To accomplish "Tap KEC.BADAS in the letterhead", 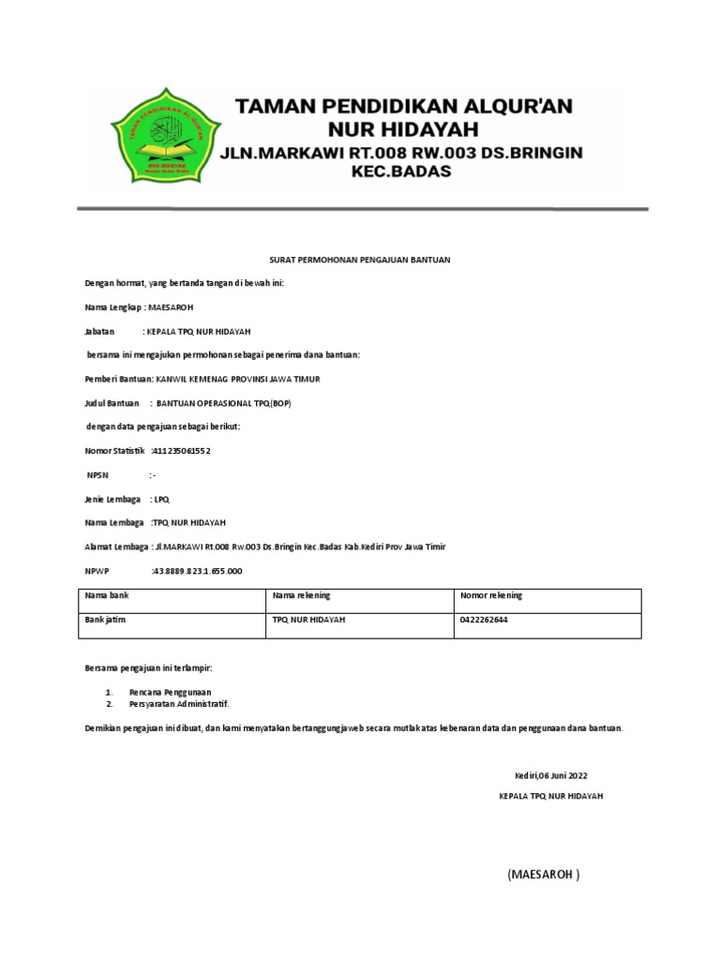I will (x=400, y=172).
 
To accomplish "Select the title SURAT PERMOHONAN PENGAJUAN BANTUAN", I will (x=360, y=259).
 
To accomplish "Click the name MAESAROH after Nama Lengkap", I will (x=172, y=307).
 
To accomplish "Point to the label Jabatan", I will (x=99, y=332).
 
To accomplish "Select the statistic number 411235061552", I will (x=183, y=451).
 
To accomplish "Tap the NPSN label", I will (x=98, y=475).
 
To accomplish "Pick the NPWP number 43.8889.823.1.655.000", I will (x=198, y=570).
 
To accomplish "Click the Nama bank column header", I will (x=106, y=596).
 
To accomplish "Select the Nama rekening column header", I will (x=301, y=596).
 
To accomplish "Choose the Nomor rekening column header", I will (x=491, y=596).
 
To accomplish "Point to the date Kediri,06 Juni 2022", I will (x=550, y=776).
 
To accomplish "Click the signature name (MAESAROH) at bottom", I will (x=543, y=875).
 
